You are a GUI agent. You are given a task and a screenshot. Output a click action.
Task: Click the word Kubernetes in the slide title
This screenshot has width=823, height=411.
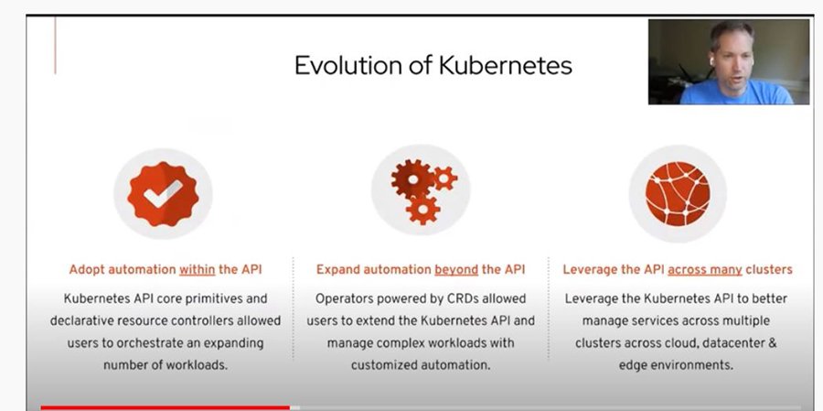pyautogui.click(x=506, y=66)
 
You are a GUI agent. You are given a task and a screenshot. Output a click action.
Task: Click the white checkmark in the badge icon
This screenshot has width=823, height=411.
pyautogui.click(x=164, y=193)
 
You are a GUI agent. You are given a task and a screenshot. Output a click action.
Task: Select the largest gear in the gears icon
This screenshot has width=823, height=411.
pyautogui.click(x=413, y=179)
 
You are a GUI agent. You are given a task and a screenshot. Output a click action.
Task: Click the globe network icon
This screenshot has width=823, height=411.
pyautogui.click(x=678, y=193)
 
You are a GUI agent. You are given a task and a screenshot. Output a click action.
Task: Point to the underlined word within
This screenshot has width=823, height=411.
pyautogui.click(x=198, y=270)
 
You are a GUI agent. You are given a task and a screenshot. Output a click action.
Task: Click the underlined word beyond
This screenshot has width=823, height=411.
pyautogui.click(x=456, y=270)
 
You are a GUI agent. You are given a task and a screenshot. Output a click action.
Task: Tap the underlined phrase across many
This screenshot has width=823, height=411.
pyautogui.click(x=705, y=270)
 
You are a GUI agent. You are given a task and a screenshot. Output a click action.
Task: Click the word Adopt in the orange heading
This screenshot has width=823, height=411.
pyautogui.click(x=84, y=270)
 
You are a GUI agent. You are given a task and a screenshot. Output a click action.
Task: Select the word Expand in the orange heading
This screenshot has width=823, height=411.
pyautogui.click(x=336, y=270)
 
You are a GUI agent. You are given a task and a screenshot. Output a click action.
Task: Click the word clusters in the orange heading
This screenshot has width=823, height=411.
pyautogui.click(x=769, y=270)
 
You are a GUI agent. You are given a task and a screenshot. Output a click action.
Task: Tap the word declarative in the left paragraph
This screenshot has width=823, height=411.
pyautogui.click(x=79, y=320)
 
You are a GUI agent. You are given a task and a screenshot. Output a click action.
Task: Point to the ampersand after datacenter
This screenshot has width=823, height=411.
pyautogui.click(x=772, y=343)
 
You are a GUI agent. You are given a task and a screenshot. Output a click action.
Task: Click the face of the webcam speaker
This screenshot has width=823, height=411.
pyautogui.click(x=732, y=59)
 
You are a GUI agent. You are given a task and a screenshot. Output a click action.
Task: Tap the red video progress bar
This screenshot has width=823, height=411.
pyautogui.click(x=165, y=407)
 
